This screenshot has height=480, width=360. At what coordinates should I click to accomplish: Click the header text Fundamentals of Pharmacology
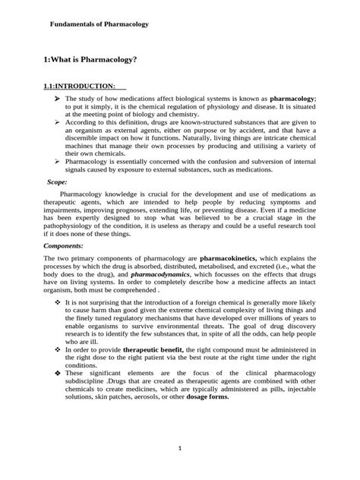click(x=99, y=25)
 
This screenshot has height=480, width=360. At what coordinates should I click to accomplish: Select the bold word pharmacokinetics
click(x=233, y=261)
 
